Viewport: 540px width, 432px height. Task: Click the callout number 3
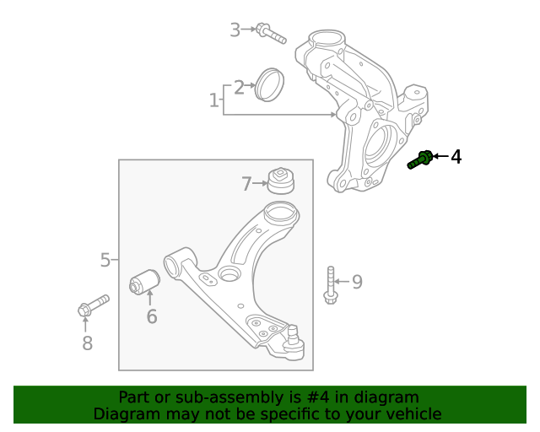pyautogui.click(x=235, y=30)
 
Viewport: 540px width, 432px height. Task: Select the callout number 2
pyautogui.click(x=240, y=87)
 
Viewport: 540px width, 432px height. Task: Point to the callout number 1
pyautogui.click(x=213, y=101)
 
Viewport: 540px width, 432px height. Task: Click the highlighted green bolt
pyautogui.click(x=421, y=159)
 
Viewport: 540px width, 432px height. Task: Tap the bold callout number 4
pyautogui.click(x=456, y=157)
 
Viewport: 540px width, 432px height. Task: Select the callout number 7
pyautogui.click(x=247, y=183)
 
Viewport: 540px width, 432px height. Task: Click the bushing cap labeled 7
pyautogui.click(x=279, y=180)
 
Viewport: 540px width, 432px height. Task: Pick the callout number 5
pyautogui.click(x=105, y=260)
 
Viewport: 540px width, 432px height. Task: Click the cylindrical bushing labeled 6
pyautogui.click(x=144, y=283)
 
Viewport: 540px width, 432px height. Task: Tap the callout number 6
pyautogui.click(x=152, y=317)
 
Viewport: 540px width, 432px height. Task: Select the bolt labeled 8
pyautogui.click(x=92, y=306)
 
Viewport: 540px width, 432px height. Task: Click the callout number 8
pyautogui.click(x=86, y=343)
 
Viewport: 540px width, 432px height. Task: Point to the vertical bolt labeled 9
pyautogui.click(x=330, y=283)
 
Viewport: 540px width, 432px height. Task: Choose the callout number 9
pyautogui.click(x=357, y=282)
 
